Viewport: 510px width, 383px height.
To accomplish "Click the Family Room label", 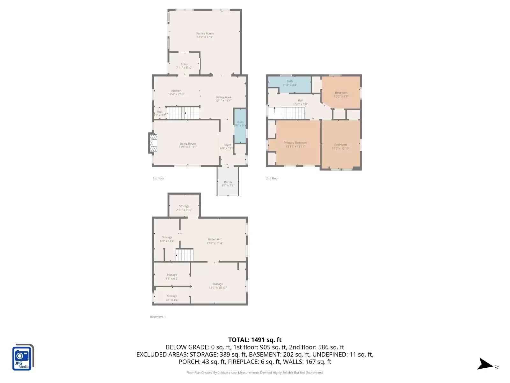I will point(205,34).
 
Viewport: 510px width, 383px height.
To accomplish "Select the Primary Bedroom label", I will point(295,143).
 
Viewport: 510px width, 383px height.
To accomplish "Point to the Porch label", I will point(228,182).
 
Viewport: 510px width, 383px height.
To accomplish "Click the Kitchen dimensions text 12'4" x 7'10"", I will point(176,94).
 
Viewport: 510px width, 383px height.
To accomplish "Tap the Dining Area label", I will point(223,97).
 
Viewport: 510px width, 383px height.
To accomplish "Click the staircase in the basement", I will point(185,255).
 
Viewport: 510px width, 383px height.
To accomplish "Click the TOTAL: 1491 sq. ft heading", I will point(255,340).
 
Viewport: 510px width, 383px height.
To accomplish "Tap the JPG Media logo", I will point(23,357).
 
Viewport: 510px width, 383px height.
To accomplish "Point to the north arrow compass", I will point(486,364).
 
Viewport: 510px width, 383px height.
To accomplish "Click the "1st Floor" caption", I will point(158,178).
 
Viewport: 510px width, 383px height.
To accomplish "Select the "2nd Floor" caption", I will point(272,178).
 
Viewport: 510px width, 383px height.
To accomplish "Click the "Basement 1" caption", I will point(158,317).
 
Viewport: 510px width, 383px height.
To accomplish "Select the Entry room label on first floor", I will point(184,64).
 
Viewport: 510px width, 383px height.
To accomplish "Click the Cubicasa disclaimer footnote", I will point(255,372).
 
